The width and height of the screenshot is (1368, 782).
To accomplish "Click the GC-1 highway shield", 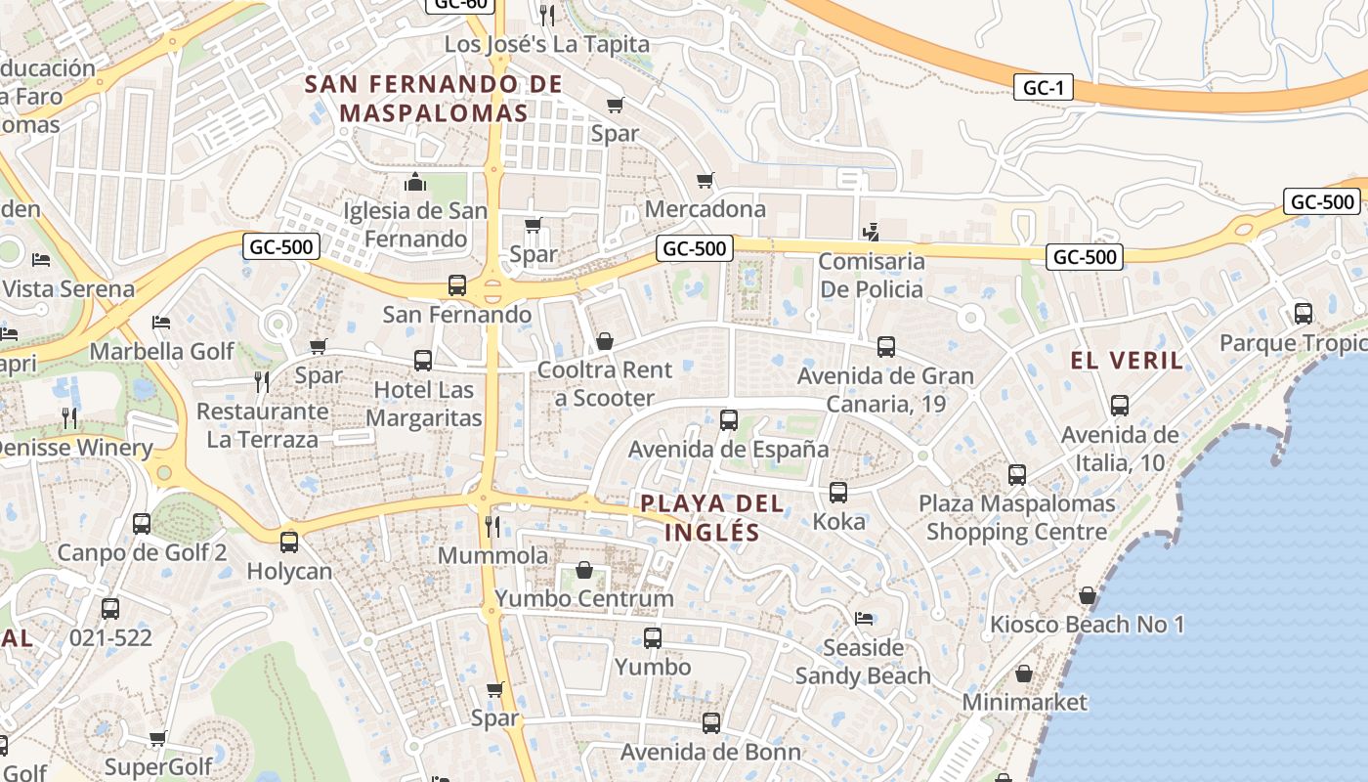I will click(1044, 88).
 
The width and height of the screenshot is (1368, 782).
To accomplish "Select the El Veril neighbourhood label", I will click(1127, 360).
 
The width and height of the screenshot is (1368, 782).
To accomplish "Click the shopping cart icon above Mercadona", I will click(705, 181).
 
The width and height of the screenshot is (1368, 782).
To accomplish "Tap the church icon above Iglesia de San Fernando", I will click(415, 183).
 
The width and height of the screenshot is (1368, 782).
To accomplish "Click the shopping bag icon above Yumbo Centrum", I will click(584, 570).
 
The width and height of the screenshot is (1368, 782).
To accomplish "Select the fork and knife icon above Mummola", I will click(492, 527).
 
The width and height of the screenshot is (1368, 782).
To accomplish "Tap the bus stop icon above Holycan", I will click(289, 543).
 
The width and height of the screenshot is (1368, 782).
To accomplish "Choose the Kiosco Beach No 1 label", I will click(1087, 625).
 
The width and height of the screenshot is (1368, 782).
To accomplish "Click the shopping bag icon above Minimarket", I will click(1024, 673).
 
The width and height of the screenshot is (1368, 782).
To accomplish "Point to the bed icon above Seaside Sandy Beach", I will click(864, 619).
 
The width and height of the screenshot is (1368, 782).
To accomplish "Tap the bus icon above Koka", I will click(838, 493).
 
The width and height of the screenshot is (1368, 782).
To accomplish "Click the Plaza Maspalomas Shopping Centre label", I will click(1016, 518).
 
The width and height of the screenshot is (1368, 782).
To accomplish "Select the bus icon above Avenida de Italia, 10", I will click(1120, 406).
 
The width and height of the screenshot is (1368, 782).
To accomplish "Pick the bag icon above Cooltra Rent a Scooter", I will click(605, 341).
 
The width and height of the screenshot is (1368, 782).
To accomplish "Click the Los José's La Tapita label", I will click(546, 44).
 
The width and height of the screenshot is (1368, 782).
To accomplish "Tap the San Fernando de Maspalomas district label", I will click(434, 98).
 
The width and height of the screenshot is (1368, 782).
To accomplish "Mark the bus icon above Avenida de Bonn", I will click(711, 724).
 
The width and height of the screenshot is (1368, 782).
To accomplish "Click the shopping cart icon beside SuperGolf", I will click(157, 738).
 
